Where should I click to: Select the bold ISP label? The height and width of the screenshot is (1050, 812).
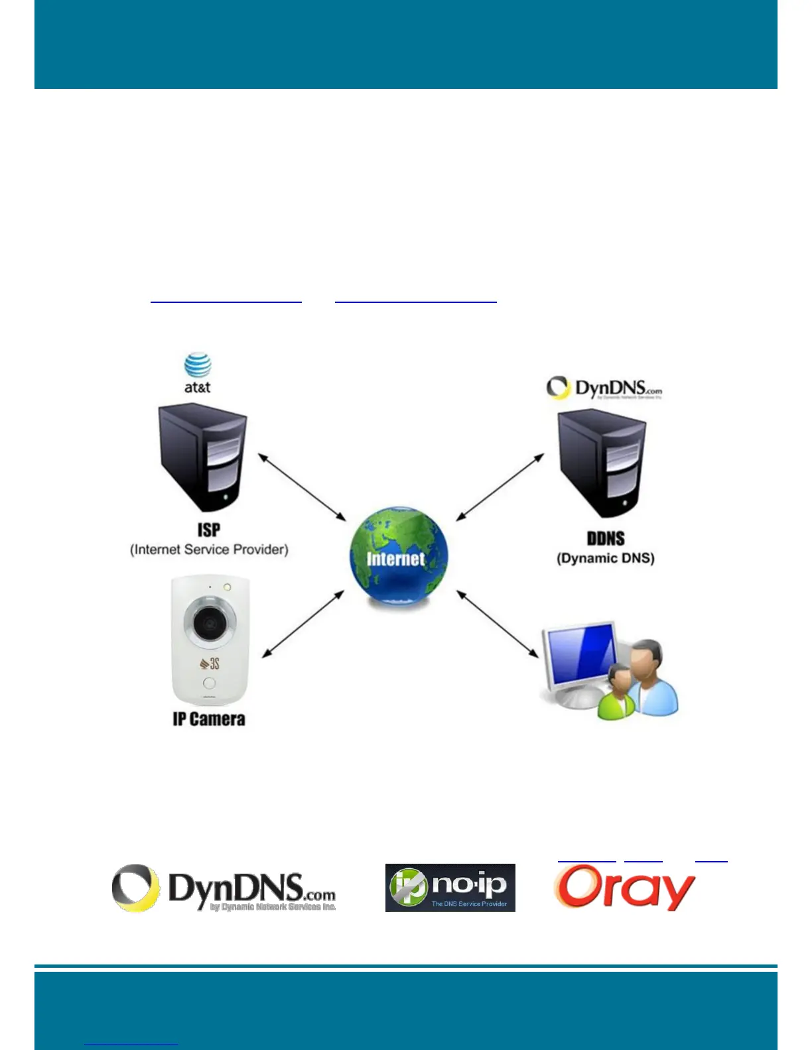click(x=208, y=530)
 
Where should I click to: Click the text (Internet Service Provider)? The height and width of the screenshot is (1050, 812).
click(x=209, y=550)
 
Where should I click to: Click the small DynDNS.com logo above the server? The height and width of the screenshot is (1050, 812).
click(x=604, y=388)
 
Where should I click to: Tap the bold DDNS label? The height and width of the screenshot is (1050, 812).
click(x=605, y=538)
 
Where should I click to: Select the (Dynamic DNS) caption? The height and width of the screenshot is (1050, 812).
click(x=605, y=558)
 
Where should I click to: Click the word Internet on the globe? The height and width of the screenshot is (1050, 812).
click(x=395, y=559)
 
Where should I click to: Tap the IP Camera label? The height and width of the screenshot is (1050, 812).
click(x=209, y=719)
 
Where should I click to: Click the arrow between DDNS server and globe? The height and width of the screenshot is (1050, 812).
click(x=500, y=487)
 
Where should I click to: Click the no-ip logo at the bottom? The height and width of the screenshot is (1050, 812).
click(x=450, y=888)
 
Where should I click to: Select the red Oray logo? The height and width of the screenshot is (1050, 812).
click(x=624, y=888)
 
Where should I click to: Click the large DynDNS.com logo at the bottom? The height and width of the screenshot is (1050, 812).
click(x=224, y=888)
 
